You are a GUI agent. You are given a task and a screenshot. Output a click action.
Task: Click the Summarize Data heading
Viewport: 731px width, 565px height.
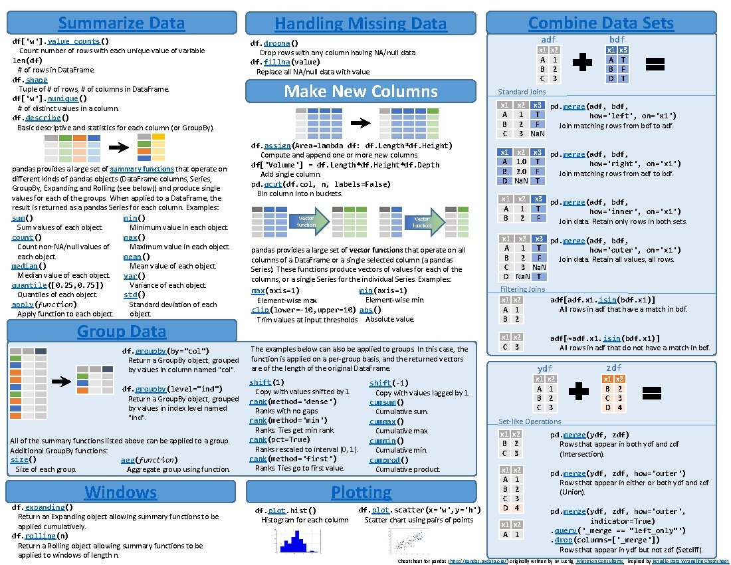(x=121, y=23)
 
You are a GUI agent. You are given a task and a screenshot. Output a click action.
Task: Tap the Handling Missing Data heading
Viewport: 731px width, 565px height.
(x=361, y=24)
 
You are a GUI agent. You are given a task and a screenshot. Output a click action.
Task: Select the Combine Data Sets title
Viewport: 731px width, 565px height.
(x=601, y=23)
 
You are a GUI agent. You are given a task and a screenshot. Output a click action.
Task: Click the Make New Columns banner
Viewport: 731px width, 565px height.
(x=361, y=91)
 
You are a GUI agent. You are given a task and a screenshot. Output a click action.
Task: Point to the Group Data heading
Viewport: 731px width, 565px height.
(x=121, y=331)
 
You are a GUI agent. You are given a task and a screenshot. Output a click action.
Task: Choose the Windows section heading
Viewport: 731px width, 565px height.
(x=120, y=492)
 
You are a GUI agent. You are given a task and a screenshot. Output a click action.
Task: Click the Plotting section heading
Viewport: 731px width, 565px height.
(x=361, y=492)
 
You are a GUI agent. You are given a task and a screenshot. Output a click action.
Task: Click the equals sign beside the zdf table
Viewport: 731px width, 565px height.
(x=655, y=392)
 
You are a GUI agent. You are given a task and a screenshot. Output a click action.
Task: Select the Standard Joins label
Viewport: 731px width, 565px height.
(x=522, y=92)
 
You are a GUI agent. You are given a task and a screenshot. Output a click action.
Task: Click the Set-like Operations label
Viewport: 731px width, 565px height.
(x=530, y=421)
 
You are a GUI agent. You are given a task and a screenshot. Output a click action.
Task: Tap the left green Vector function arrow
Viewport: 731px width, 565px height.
(x=309, y=221)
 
